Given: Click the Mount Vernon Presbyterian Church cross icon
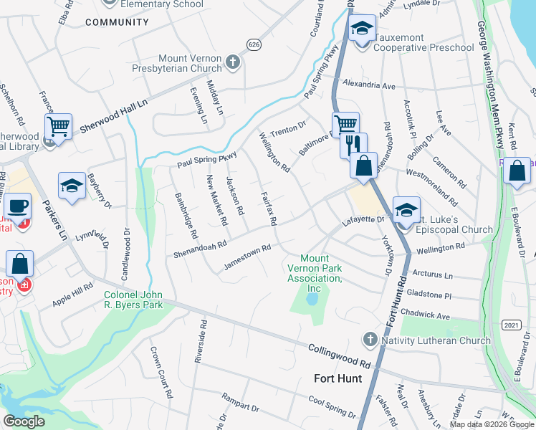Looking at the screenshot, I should pos(233,62).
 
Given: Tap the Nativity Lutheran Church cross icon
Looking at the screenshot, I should pos(370,338).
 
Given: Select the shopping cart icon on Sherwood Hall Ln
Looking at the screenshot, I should pos(59,127).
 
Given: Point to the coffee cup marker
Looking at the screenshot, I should pos(18,206).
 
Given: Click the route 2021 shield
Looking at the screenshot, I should pos(510,325).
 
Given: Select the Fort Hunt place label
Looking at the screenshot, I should pos(338,378).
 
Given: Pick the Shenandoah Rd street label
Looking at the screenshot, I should pos(200,248).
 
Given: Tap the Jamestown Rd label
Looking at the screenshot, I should pos(247,257).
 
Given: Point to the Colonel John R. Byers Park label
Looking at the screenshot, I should pos(133,300).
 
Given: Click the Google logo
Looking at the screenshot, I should pos(24,421).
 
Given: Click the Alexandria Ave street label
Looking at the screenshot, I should pos(369,85).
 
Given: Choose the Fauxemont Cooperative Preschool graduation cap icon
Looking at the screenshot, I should pos(362,29).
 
